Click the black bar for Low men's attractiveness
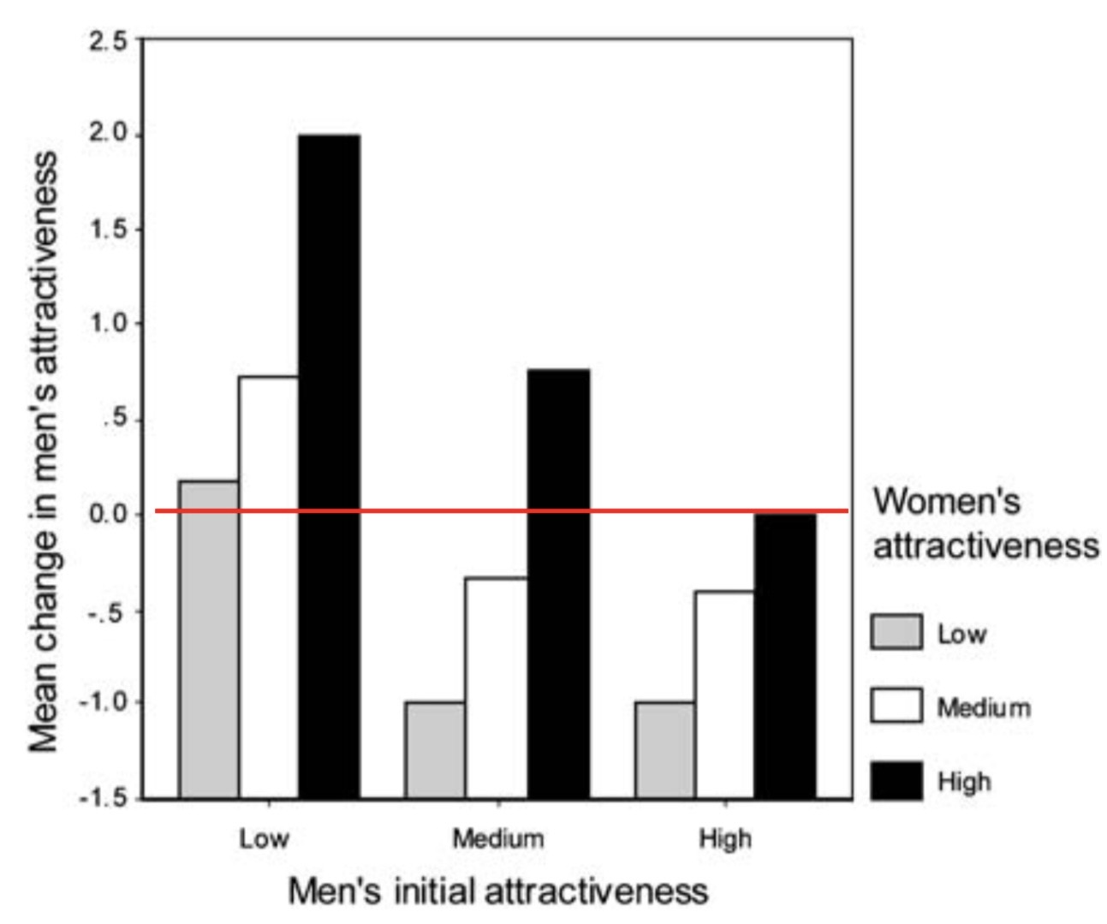pos(329,467)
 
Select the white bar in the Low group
pos(269,587)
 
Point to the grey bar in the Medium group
pos(436,750)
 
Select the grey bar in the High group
pos(665,750)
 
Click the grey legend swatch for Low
pos(896,632)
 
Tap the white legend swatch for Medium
pos(896,706)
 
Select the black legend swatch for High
pos(896,780)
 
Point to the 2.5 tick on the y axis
pos(108,40)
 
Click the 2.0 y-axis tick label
pos(108,134)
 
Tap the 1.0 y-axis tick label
pos(108,324)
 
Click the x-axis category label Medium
pos(498,838)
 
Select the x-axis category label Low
pos(264,838)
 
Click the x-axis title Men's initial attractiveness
pos(498,891)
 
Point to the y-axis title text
pos(44,451)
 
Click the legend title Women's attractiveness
pos(985,522)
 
